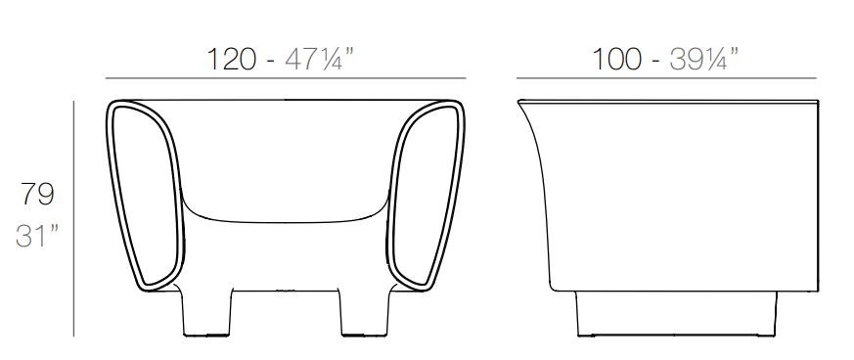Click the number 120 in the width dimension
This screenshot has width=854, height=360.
pos(232,60)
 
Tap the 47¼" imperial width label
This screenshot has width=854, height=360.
pos(320,59)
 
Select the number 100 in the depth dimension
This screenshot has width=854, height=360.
pos(616,60)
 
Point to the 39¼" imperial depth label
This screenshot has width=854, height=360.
pos(704,59)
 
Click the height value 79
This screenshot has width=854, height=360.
pos(37,194)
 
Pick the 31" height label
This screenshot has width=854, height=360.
pos(37,236)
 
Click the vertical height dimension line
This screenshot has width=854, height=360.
pos(73,218)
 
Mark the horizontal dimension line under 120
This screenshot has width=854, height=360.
pos(286,78)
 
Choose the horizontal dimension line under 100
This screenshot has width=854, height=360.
pos(666,78)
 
